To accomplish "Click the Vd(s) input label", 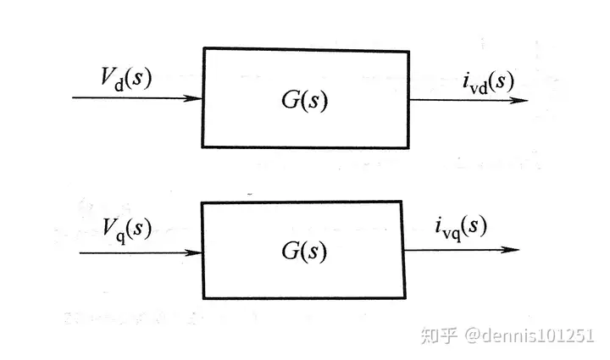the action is click(x=125, y=80).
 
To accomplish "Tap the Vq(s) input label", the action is click(x=127, y=230).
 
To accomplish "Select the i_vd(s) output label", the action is click(x=489, y=82).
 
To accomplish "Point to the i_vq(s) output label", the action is click(x=461, y=228).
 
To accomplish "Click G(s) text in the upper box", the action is click(x=305, y=100).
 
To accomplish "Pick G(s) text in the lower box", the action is click(x=304, y=251).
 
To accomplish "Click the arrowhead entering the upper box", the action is click(x=193, y=98).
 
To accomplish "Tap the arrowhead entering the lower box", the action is click(x=193, y=252).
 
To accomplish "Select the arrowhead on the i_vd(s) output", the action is click(x=518, y=100).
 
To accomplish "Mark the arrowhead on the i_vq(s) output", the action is click(x=510, y=250).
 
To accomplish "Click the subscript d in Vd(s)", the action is click(x=119, y=85).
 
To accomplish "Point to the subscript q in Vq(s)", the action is click(x=121, y=236).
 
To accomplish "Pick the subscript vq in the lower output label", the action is click(x=452, y=234).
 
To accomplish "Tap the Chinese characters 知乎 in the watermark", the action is click(x=439, y=335).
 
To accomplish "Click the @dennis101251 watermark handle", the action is click(x=530, y=335).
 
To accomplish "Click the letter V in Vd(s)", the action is click(x=108, y=76).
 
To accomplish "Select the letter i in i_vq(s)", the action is click(x=439, y=225).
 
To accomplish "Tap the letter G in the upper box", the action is click(x=291, y=100).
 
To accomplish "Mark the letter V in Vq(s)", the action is click(x=109, y=227).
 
